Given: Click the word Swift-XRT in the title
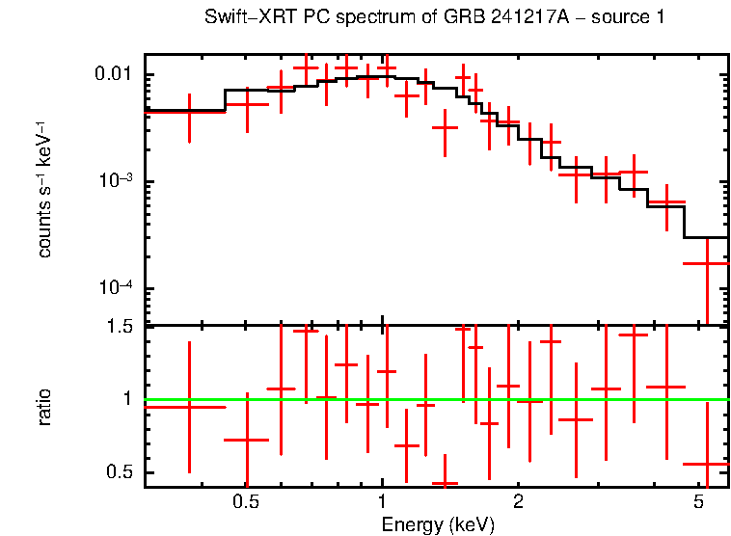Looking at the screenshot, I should tap(246, 18).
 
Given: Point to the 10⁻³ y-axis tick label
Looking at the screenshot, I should tap(115, 181).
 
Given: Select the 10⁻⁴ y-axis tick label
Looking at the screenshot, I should tap(115, 289).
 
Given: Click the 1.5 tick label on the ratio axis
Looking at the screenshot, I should tap(121, 327).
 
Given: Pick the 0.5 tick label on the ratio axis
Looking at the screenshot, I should tap(121, 471).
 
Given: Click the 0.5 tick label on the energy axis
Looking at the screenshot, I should tap(247, 502).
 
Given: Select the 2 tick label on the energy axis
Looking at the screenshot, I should tap(518, 502).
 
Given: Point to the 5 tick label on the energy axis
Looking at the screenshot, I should tap(697, 502).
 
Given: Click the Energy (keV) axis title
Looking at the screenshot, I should tap(438, 524).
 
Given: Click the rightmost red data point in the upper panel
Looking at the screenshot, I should tap(707, 263).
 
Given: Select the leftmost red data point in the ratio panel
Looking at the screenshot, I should tap(189, 407).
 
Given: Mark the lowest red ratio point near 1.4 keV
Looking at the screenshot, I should tap(445, 483).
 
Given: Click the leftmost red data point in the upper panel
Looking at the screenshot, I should tap(189, 112).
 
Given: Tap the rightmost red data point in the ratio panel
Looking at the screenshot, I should tap(707, 464).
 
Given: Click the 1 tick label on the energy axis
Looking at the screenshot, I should tap(382, 502).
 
